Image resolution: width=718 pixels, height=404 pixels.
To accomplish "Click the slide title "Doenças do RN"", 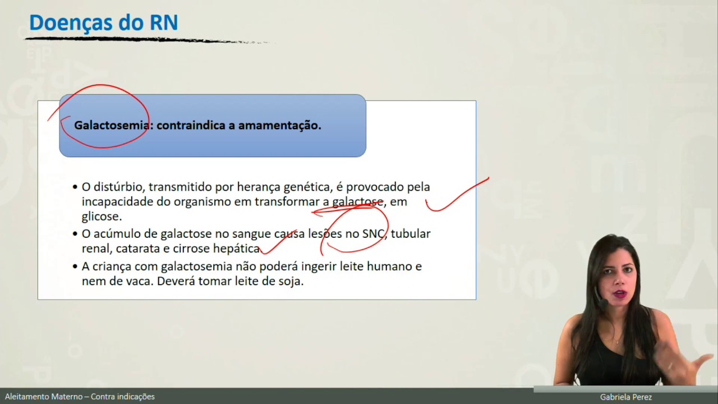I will point(103,23).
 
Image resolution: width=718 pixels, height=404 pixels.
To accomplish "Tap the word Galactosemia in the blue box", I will point(111,125).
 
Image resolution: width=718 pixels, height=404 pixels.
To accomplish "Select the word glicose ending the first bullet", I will point(101,217).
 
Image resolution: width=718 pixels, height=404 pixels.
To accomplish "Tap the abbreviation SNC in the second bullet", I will point(374,234).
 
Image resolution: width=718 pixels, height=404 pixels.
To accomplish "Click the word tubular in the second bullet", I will point(411,234).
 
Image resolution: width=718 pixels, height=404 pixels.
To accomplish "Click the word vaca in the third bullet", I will point(139,281).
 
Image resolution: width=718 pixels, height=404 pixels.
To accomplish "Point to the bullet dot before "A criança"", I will point(75,267).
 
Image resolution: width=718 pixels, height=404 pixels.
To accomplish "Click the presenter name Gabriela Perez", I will point(625,397).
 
